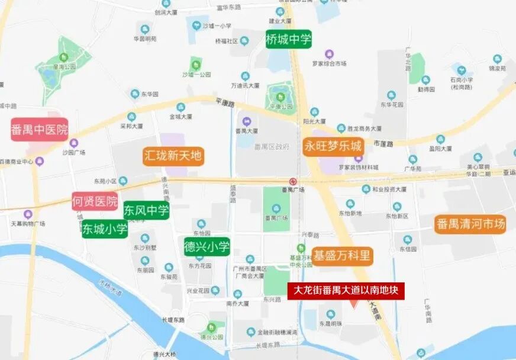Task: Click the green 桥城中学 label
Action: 289,40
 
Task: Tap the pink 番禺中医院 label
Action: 40,129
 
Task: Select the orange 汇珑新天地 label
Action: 173,156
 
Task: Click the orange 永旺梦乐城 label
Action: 333,146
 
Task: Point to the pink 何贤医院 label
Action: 95,201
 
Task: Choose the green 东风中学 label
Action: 146,210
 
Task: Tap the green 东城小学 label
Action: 105,229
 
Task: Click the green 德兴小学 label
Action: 207,246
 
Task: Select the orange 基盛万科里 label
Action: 343,256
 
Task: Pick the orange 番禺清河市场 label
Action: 470,224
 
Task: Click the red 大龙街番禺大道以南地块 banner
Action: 346,291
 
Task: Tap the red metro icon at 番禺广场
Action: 292,181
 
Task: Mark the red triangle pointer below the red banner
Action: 353,304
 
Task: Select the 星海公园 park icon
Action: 64,57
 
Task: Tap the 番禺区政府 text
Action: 272,146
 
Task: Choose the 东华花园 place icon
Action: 391,95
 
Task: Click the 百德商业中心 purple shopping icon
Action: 40,161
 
